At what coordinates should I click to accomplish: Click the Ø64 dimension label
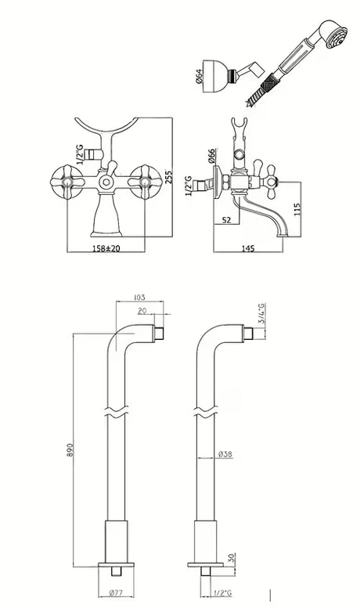coord(199,77)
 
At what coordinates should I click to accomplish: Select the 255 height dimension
coord(167,176)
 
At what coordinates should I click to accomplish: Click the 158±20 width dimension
coord(106,248)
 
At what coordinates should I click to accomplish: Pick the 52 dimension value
coord(226,220)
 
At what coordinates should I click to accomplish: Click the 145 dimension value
coord(248,248)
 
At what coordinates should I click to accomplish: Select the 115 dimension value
coord(297,209)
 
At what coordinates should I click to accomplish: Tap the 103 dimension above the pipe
coord(139,298)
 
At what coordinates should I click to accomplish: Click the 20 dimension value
coord(142,311)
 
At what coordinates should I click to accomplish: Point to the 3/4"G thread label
coord(262,313)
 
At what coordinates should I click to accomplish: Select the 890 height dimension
coord(70,450)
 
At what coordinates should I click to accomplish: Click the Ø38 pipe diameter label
coord(225,454)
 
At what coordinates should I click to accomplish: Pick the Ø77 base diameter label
coord(116,592)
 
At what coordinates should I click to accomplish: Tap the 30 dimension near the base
coord(232,558)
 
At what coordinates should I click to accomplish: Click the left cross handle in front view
coord(67,182)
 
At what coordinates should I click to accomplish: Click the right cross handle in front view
coord(145,182)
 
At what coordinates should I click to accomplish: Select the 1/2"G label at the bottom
coord(224,592)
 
